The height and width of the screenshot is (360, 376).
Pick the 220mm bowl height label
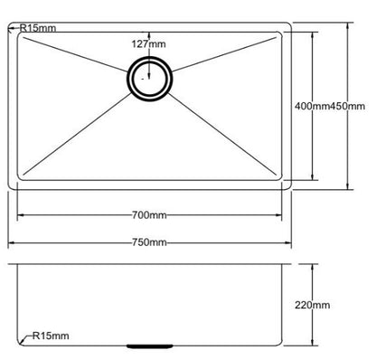[x=313, y=307]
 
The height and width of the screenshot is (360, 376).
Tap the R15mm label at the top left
[x=37, y=28]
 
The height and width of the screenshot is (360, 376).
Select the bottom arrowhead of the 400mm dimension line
[x=313, y=179]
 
